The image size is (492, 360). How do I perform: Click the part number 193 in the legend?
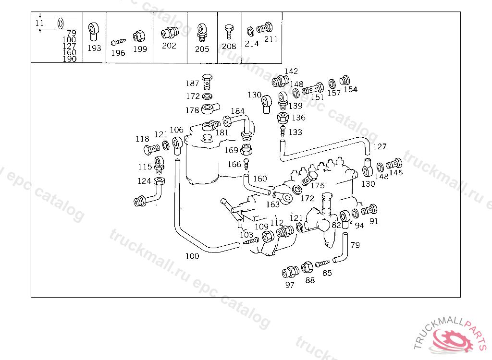point(94,48)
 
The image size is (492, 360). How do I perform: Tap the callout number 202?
point(169,46)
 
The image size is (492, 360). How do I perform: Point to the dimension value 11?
point(39,23)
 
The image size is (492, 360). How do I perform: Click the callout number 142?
point(291,71)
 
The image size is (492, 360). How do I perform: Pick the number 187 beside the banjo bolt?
point(192,83)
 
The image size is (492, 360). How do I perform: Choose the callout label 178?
point(192,110)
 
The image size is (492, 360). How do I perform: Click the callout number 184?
point(237,111)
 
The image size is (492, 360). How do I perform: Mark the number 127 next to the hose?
point(380,146)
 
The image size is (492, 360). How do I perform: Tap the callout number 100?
point(192,256)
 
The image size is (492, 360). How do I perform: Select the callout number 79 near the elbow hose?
point(355,245)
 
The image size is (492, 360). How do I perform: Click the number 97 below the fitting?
point(290,285)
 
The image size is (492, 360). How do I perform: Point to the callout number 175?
point(318,186)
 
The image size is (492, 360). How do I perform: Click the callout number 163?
point(273,204)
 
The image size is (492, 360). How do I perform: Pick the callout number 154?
point(350,89)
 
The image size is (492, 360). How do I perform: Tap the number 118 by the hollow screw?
point(142,139)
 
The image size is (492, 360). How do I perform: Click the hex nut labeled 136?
point(283,118)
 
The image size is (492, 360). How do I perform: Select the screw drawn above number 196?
point(118,42)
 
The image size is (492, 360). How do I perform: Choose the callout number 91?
point(374,221)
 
